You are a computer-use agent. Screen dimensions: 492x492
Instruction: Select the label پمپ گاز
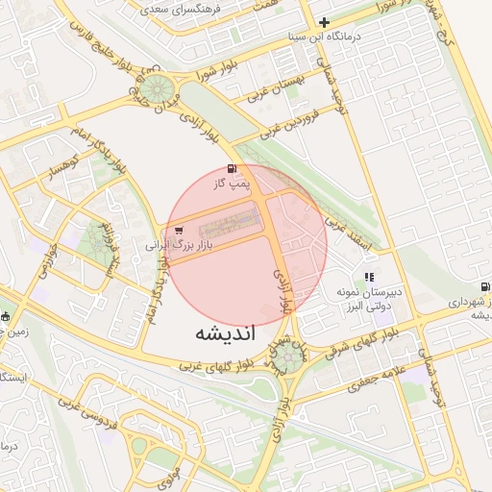coord(231,181)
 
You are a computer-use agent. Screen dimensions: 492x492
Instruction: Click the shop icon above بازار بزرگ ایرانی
coord(180,231)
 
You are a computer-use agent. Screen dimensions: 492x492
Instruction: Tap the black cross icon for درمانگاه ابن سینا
coord(324,22)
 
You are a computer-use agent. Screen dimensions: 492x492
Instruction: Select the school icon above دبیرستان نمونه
coord(370,278)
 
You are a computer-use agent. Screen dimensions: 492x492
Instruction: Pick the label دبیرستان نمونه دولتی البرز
coord(371,298)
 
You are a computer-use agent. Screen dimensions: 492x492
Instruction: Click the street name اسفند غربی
coord(342,230)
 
